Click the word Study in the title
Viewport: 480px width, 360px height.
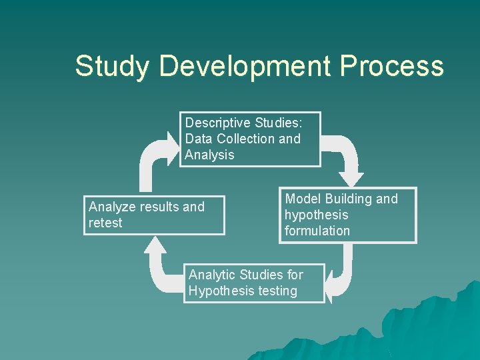(113, 67)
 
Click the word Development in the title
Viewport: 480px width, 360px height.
(245, 67)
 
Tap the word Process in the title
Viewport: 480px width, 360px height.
(391, 67)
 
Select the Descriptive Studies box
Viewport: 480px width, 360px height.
(250, 139)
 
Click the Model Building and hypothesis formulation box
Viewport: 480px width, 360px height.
(347, 215)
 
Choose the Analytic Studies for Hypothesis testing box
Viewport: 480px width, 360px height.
(254, 283)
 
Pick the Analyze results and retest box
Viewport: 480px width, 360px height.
(154, 215)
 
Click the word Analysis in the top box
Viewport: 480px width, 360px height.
(209, 155)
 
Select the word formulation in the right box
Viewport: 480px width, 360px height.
(317, 231)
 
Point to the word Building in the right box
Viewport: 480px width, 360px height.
(349, 199)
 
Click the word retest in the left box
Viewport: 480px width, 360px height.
(105, 223)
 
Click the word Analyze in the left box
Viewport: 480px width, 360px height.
(112, 207)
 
